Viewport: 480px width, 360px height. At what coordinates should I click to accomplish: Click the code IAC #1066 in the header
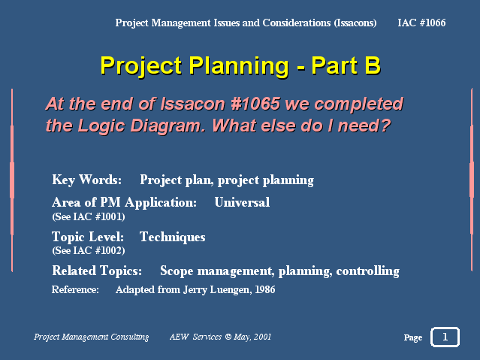coord(421,23)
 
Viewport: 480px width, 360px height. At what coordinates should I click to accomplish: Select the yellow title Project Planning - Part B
coord(240,66)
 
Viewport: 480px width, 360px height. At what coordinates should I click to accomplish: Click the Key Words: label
coord(87,180)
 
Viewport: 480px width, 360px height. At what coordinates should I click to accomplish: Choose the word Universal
coord(242,202)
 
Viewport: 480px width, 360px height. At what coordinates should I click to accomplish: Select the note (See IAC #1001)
coord(89,217)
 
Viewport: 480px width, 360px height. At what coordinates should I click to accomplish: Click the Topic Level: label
coord(88,237)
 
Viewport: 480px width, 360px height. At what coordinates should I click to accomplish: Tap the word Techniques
coord(172,237)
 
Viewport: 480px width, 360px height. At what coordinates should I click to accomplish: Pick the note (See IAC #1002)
coord(89,250)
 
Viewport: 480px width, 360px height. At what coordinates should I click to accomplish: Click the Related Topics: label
coord(97,271)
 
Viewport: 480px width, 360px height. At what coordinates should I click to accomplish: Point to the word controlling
coord(367,271)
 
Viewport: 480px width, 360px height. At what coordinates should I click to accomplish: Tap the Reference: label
coord(75,289)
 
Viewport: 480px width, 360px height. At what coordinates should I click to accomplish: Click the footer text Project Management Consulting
coord(91,337)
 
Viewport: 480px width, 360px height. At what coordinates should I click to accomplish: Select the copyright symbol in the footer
coord(228,337)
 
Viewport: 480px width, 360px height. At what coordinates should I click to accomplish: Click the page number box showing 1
coord(445,337)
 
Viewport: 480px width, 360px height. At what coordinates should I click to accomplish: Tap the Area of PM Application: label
coord(124,202)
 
